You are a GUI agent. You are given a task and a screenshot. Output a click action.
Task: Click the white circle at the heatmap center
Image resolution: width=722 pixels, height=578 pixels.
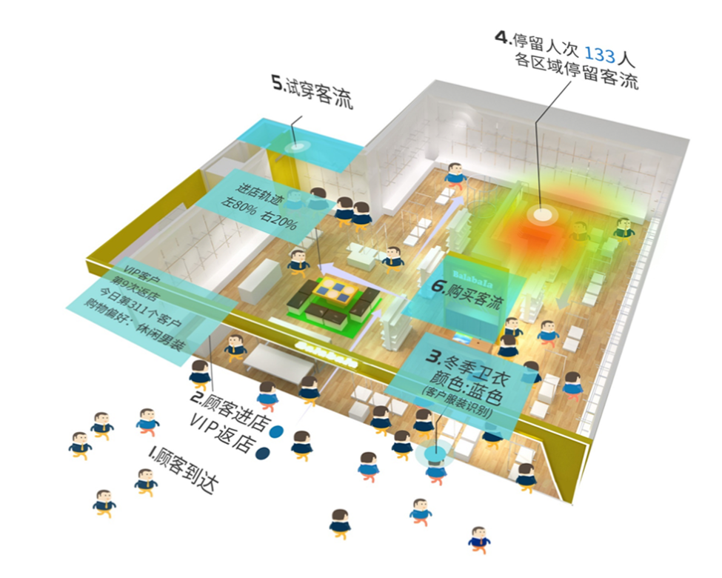pos(542,214)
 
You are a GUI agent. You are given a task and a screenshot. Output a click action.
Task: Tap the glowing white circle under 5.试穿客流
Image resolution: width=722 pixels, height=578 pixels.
pos(300,146)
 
